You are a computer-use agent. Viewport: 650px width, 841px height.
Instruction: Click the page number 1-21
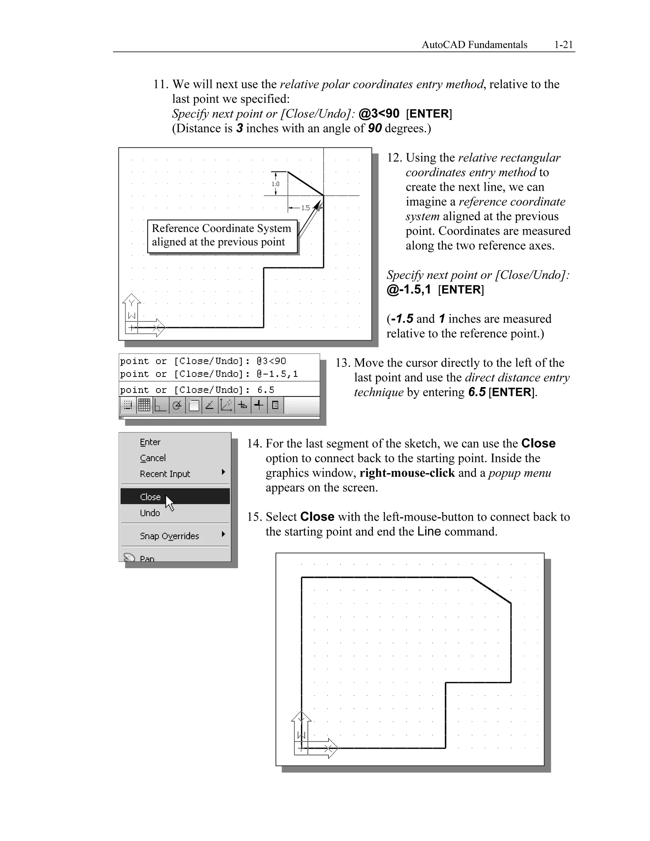pyautogui.click(x=563, y=45)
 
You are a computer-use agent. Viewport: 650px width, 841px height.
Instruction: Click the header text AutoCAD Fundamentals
pyautogui.click(x=474, y=45)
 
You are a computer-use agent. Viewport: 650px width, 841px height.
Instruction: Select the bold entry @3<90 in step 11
pyautogui.click(x=379, y=114)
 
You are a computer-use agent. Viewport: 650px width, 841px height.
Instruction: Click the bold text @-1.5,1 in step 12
pyautogui.click(x=408, y=289)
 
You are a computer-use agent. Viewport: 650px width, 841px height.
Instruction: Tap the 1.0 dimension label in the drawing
pyautogui.click(x=275, y=184)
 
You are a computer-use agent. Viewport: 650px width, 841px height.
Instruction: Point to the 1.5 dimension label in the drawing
pyautogui.click(x=305, y=208)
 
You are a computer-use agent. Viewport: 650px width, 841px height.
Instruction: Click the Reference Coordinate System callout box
pyautogui.click(x=222, y=235)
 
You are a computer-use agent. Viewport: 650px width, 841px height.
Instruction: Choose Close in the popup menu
pyautogui.click(x=150, y=497)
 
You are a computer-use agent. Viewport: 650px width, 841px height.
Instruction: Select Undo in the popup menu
pyautogui.click(x=150, y=513)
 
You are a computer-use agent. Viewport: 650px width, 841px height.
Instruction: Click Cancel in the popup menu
pyautogui.click(x=152, y=458)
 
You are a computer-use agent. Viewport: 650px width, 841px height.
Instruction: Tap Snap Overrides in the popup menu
pyautogui.click(x=169, y=536)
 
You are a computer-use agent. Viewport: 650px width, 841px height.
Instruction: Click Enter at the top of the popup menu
pyautogui.click(x=150, y=442)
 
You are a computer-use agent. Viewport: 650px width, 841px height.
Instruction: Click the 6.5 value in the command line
pyautogui.click(x=266, y=390)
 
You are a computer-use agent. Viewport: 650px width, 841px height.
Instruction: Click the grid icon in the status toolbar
pyautogui.click(x=144, y=405)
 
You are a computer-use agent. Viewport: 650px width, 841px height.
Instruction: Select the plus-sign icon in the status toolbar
pyautogui.click(x=259, y=405)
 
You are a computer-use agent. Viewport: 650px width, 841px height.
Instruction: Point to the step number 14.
pyautogui.click(x=254, y=444)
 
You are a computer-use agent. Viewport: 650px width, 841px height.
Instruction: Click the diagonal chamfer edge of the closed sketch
pyautogui.click(x=491, y=590)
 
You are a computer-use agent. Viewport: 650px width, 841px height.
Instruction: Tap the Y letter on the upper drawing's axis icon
pyautogui.click(x=131, y=303)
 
